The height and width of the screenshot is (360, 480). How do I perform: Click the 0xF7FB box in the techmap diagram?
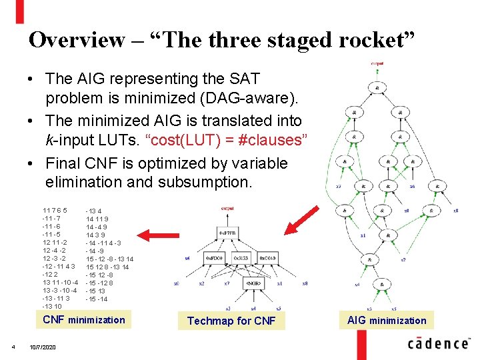[x=227, y=231]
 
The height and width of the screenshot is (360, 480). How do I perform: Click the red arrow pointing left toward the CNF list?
[x=164, y=234]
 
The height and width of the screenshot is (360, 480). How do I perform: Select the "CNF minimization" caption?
[x=84, y=320]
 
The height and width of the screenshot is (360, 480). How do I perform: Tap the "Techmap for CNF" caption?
[x=231, y=321]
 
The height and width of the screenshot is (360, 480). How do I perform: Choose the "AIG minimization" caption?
[x=387, y=321]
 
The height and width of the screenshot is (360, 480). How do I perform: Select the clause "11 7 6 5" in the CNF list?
[x=55, y=211]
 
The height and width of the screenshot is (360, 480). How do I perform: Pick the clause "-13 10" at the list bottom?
[x=52, y=307]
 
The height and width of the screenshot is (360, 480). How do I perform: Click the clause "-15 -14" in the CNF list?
[x=96, y=299]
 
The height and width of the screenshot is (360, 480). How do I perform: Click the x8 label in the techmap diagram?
[x=305, y=283]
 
